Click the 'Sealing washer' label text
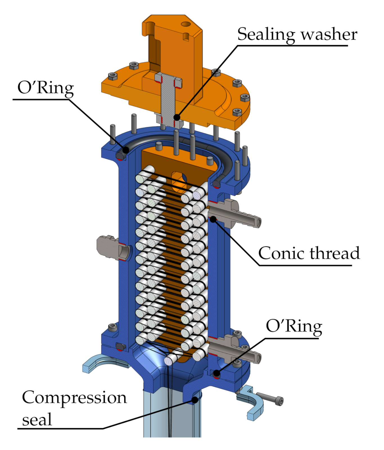(297, 35)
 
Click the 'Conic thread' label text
(309, 253)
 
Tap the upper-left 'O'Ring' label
(46, 88)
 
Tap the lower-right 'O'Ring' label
(294, 327)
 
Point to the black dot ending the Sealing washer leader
(177, 117)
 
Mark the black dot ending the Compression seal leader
(194, 399)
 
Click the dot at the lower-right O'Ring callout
(216, 373)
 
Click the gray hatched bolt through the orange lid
(168, 98)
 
